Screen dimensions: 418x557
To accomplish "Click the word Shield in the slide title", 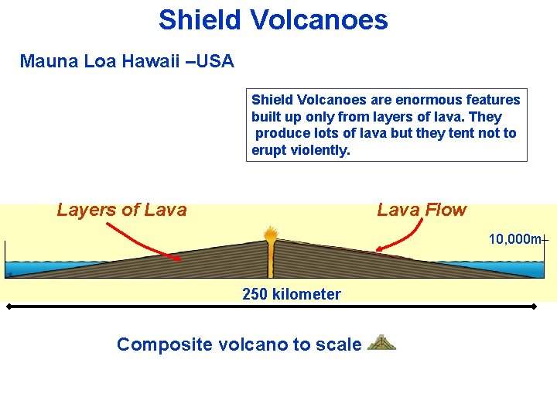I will click(200, 19).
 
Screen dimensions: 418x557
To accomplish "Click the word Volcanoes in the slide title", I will click(319, 19).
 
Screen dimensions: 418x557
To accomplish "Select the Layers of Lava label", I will click(121, 210).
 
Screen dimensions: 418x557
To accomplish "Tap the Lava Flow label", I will click(422, 210).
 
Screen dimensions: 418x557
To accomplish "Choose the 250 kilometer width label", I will click(291, 294).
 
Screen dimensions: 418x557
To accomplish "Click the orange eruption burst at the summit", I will click(270, 233).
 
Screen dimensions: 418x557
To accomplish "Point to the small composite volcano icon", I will click(381, 343).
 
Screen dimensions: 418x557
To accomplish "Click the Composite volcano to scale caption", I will click(238, 344).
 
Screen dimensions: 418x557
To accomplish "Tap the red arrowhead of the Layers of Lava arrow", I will click(177, 258).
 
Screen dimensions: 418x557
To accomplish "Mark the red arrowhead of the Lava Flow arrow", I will click(379, 248).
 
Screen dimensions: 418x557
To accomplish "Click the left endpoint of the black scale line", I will click(9, 307).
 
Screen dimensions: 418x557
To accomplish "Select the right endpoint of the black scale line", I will click(534, 307).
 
